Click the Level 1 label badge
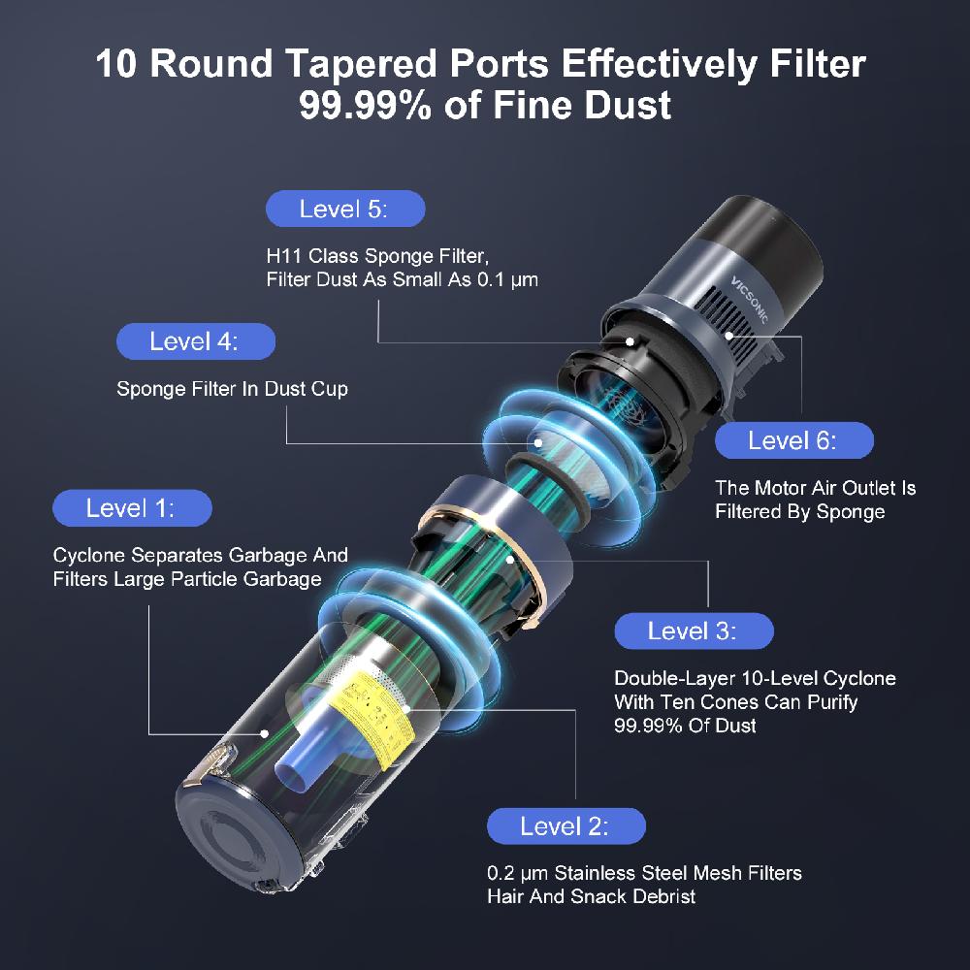[x=131, y=507]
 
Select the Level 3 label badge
[x=694, y=630]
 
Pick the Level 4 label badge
[x=195, y=341]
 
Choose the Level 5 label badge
[x=344, y=209]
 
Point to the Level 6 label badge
[x=793, y=440]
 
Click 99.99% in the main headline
[x=367, y=105]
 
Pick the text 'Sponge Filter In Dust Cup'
[x=232, y=389]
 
